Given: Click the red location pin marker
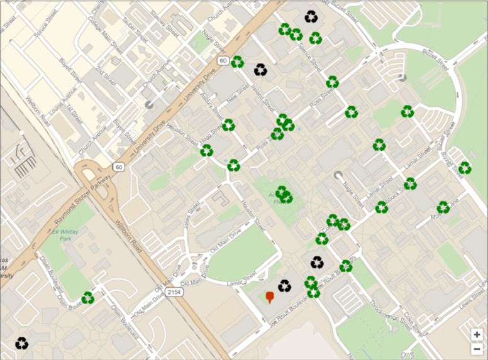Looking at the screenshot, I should pyautogui.click(x=270, y=297).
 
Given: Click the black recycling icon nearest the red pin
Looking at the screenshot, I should pyautogui.click(x=285, y=286).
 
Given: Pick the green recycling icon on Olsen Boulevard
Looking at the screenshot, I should pyautogui.click(x=87, y=297).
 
